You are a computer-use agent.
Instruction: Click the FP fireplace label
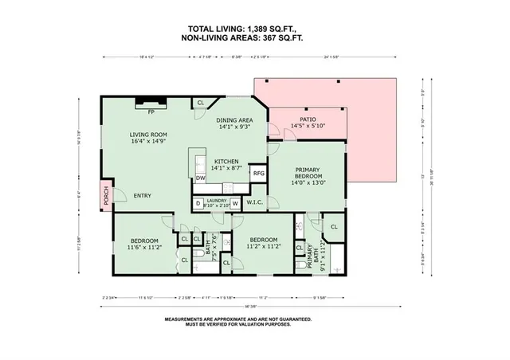click(x=149, y=112)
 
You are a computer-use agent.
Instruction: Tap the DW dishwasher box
click(x=201, y=178)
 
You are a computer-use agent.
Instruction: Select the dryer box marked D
click(x=198, y=203)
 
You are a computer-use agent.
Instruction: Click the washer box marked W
click(x=235, y=203)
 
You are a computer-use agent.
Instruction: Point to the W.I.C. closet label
click(x=256, y=202)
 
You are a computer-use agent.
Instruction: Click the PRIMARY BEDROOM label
click(x=308, y=173)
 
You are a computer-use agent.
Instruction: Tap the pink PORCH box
click(x=105, y=196)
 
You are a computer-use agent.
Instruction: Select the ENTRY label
click(x=143, y=196)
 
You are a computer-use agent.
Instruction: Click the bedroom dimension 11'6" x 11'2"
click(x=144, y=248)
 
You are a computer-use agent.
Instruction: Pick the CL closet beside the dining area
click(x=201, y=103)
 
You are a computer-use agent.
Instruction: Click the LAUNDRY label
click(x=217, y=200)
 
